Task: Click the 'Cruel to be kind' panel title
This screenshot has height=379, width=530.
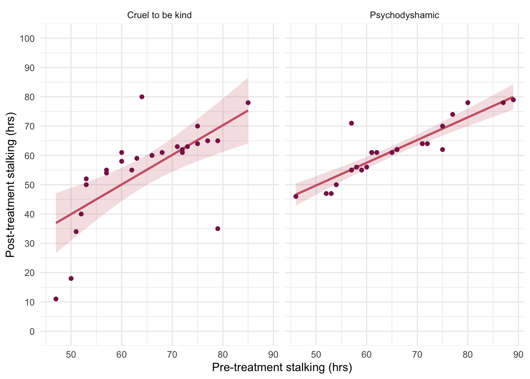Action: pyautogui.click(x=159, y=15)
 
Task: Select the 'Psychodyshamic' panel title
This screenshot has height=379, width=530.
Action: pyautogui.click(x=404, y=15)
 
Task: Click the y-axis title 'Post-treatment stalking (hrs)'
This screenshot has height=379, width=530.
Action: pyautogui.click(x=10, y=185)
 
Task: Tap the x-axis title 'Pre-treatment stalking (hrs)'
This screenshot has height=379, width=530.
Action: pyautogui.click(x=282, y=368)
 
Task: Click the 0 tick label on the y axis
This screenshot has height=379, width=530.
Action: pyautogui.click(x=32, y=332)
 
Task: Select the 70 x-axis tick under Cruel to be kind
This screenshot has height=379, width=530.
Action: pyautogui.click(x=172, y=355)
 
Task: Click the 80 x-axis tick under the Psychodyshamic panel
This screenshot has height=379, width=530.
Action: pyautogui.click(x=468, y=355)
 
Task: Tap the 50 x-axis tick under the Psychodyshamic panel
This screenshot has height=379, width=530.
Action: pyautogui.click(x=316, y=355)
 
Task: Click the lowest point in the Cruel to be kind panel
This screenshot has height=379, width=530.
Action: pyautogui.click(x=56, y=299)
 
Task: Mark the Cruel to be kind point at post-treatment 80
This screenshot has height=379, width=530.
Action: pyautogui.click(x=142, y=97)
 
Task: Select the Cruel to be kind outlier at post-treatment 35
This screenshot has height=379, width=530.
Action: pyautogui.click(x=218, y=229)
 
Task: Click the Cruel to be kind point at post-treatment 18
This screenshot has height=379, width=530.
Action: pyautogui.click(x=71, y=278)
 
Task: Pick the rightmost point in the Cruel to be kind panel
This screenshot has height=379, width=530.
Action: pyautogui.click(x=248, y=103)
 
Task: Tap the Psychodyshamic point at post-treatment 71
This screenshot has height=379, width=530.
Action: pyautogui.click(x=351, y=123)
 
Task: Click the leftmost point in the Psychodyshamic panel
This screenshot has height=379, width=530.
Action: pyautogui.click(x=296, y=196)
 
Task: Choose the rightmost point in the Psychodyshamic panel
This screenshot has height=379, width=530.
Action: pyautogui.click(x=513, y=100)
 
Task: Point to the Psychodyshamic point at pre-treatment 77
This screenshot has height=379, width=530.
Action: pyautogui.click(x=452, y=114)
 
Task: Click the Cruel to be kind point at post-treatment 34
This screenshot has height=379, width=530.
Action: pyautogui.click(x=76, y=232)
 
